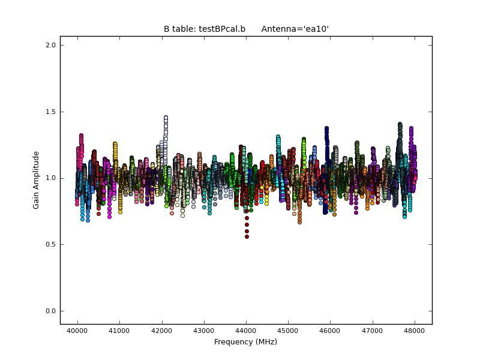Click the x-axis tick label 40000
tap(77, 331)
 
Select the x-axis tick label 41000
tap(119, 331)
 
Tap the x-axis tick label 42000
tap(161, 331)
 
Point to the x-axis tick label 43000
tap(203, 331)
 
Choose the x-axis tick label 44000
tap(246, 331)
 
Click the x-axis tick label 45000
tap(288, 331)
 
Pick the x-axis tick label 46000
tap(330, 331)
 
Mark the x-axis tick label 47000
tap(373, 331)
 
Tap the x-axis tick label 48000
tap(415, 331)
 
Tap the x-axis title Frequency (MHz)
tap(245, 342)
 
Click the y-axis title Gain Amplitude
tap(36, 180)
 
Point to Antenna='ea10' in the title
tap(295, 29)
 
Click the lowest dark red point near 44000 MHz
tap(247, 236)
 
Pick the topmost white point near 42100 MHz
tap(166, 118)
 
